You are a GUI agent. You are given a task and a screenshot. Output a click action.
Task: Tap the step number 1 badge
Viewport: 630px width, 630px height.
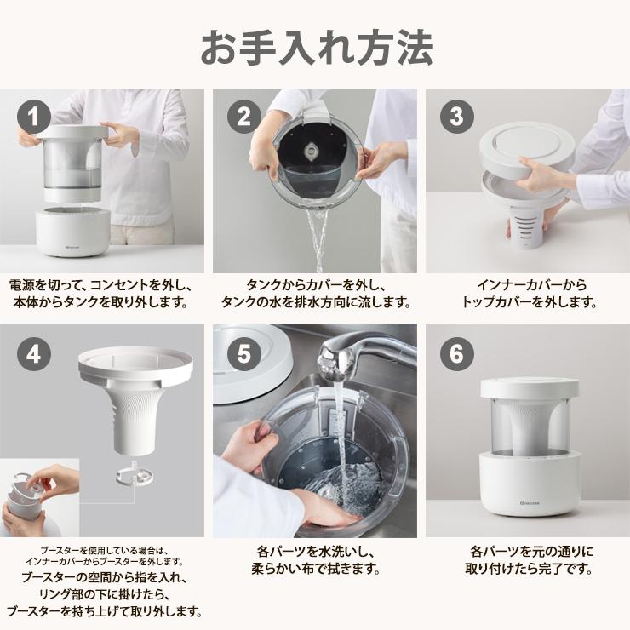34,117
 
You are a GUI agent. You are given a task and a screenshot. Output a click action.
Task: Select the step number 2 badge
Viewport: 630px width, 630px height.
245,117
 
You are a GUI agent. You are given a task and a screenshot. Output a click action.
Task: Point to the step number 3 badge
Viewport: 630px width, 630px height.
456,117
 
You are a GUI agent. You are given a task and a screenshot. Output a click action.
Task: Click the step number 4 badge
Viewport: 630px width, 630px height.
34,354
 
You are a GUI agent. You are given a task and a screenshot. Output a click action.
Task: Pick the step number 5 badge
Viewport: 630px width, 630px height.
245,354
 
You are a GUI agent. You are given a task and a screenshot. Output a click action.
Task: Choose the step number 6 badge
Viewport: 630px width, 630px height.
456,354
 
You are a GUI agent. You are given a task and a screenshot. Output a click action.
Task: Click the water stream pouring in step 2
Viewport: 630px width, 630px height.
319,234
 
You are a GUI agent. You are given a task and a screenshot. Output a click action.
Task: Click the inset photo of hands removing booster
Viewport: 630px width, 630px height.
41,498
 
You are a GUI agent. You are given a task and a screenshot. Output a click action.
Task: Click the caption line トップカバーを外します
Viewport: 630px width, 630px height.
528,303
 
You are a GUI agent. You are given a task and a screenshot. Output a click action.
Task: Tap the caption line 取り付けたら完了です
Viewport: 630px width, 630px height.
528,570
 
